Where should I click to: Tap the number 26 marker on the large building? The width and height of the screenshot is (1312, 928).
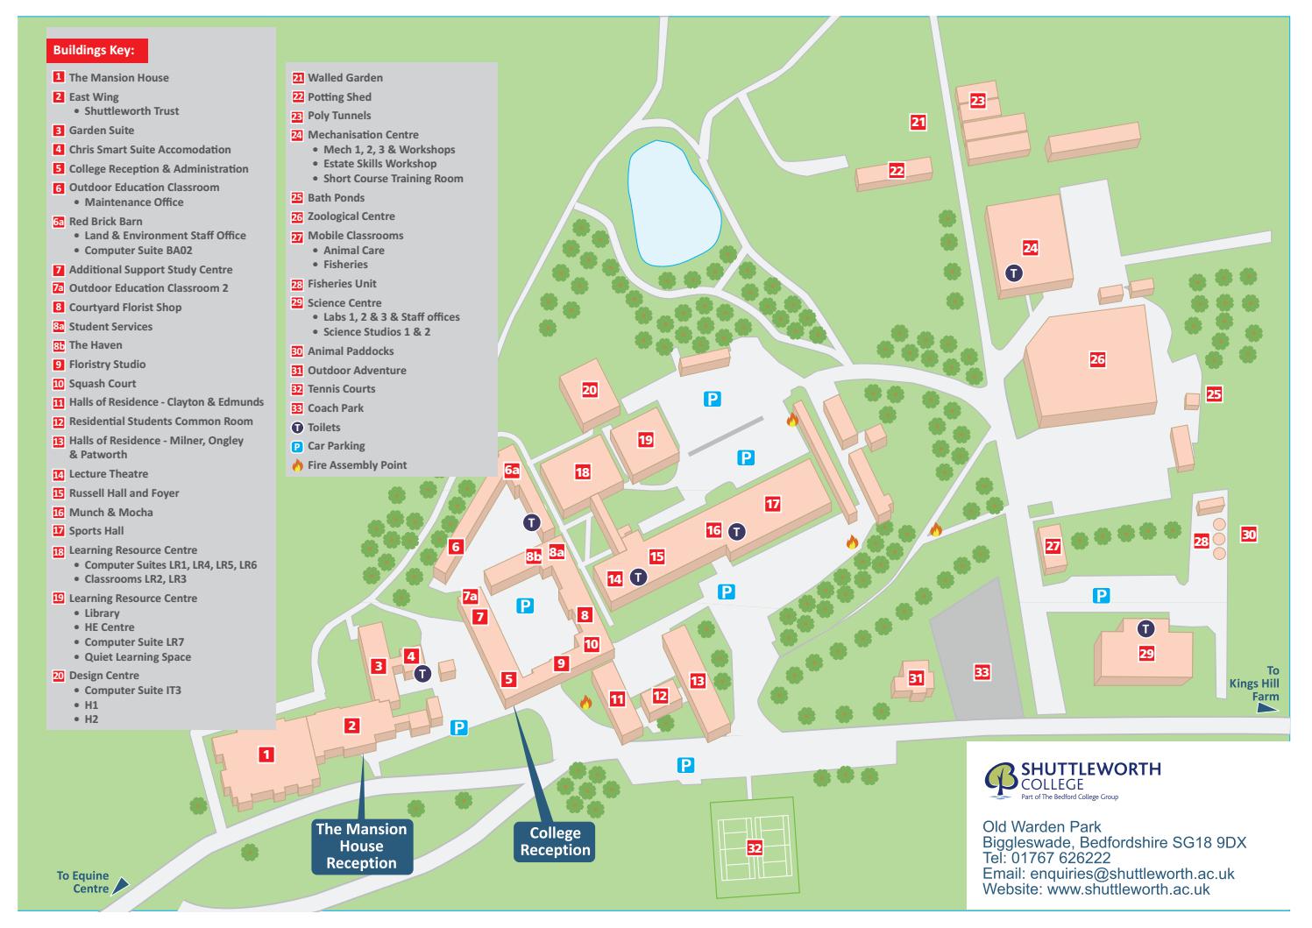(x=1097, y=359)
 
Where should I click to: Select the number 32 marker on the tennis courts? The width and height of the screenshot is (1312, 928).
(x=754, y=847)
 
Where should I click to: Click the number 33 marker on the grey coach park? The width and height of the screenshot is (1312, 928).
(x=982, y=672)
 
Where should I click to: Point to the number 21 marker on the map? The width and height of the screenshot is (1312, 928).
(x=918, y=122)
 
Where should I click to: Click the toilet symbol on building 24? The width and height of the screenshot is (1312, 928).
(x=1013, y=273)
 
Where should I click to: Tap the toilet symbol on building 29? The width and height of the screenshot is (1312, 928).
(x=1145, y=628)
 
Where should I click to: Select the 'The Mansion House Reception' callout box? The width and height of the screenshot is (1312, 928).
(x=361, y=847)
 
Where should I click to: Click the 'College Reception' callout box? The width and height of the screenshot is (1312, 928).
(x=555, y=842)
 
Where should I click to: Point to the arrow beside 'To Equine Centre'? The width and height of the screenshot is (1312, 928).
(x=120, y=885)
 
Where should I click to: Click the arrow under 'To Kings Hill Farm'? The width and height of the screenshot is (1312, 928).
(x=1267, y=709)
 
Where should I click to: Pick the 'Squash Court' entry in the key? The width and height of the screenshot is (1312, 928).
(x=102, y=384)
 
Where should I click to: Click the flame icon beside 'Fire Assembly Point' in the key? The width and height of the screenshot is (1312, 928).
(x=297, y=465)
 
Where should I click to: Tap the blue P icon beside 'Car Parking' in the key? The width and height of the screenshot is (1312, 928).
(x=297, y=446)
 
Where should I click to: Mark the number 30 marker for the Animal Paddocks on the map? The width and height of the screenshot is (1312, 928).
(x=1248, y=534)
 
